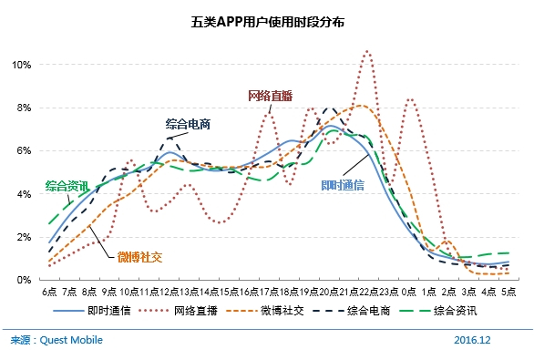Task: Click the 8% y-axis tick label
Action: click(x=24, y=108)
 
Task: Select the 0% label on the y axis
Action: click(x=24, y=280)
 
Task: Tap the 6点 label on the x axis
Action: click(x=49, y=292)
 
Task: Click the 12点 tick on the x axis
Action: click(x=168, y=292)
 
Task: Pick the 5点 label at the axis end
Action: click(x=508, y=292)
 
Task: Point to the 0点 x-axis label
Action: click(x=409, y=292)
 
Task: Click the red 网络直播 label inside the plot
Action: click(x=271, y=95)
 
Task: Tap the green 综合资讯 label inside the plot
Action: click(x=67, y=186)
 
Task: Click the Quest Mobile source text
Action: click(x=56, y=340)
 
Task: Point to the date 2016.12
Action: click(x=472, y=340)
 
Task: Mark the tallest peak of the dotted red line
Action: click(x=367, y=52)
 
